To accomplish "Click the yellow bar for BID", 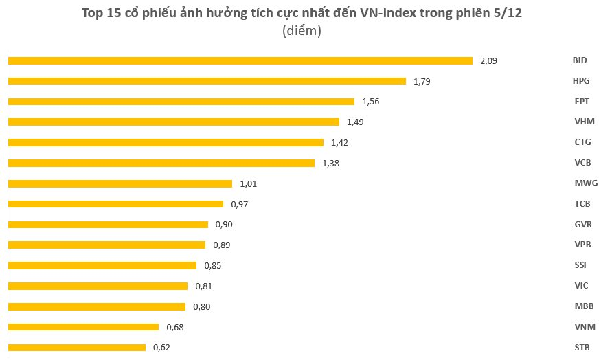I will (240, 60).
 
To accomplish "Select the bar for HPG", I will (207, 81).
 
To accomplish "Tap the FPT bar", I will (181, 102).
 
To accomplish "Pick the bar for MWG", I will (120, 183).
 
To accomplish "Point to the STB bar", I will (76, 348).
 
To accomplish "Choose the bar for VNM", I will (82, 327).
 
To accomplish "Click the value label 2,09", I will (488, 60).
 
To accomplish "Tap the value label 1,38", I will (330, 164).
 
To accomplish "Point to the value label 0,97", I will (239, 204).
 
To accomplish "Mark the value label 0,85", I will (212, 265).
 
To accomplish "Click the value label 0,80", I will (201, 306).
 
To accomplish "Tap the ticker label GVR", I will (582, 225).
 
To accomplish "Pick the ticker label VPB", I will (582, 245).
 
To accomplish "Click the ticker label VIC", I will (580, 286).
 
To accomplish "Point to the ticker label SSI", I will (580, 265).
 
